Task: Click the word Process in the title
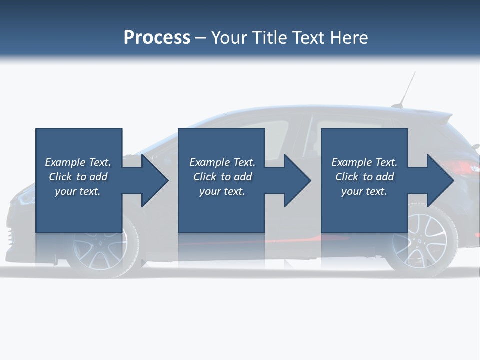tap(157, 38)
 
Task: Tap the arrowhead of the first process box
tap(155, 180)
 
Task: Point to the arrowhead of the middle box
tap(298, 180)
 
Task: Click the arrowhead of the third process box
tap(440, 180)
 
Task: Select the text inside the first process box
tap(78, 177)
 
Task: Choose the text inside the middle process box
tap(222, 177)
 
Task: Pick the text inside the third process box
tap(364, 177)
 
